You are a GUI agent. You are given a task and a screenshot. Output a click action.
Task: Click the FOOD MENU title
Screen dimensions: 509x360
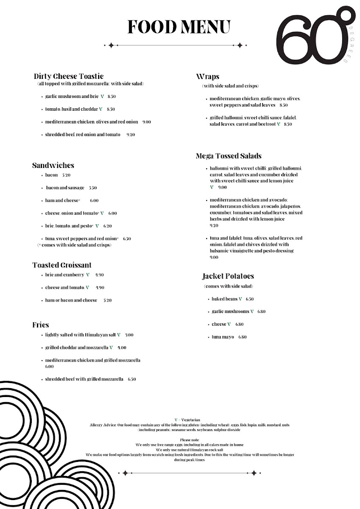(x=179, y=27)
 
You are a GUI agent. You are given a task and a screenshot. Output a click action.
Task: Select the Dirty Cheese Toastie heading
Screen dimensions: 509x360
(x=69, y=76)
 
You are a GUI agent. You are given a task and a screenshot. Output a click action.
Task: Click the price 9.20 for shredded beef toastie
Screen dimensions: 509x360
(x=131, y=134)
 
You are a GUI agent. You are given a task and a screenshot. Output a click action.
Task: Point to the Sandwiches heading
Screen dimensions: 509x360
(x=53, y=165)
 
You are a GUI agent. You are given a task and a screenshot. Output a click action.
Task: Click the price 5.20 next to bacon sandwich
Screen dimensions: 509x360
(x=66, y=175)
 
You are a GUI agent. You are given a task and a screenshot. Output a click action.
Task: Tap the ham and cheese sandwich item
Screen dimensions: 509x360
(x=62, y=200)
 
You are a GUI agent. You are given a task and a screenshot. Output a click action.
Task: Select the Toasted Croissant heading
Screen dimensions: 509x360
(x=62, y=265)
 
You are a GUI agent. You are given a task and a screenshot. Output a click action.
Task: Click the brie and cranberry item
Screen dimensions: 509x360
(x=64, y=274)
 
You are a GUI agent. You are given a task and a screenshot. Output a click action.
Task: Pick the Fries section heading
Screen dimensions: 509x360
(x=41, y=325)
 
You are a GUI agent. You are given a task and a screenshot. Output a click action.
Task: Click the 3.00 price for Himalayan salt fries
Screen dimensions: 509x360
(x=129, y=335)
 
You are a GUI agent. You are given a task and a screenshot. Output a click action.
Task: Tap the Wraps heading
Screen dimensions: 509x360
(x=207, y=76)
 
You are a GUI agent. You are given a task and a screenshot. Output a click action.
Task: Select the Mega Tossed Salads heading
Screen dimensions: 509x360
(x=229, y=156)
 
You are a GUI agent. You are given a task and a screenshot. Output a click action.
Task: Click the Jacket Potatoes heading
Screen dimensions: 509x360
(x=228, y=276)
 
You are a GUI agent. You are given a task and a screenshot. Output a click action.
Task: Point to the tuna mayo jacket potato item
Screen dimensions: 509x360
(x=223, y=337)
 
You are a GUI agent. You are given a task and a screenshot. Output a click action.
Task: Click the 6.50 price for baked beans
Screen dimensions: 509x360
(x=249, y=299)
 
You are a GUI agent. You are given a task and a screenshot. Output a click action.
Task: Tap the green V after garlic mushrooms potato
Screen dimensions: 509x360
(x=252, y=311)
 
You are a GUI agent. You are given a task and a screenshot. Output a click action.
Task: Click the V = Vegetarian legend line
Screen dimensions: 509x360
(x=187, y=420)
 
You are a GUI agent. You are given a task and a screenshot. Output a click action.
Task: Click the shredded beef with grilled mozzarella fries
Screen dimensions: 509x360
(x=84, y=379)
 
